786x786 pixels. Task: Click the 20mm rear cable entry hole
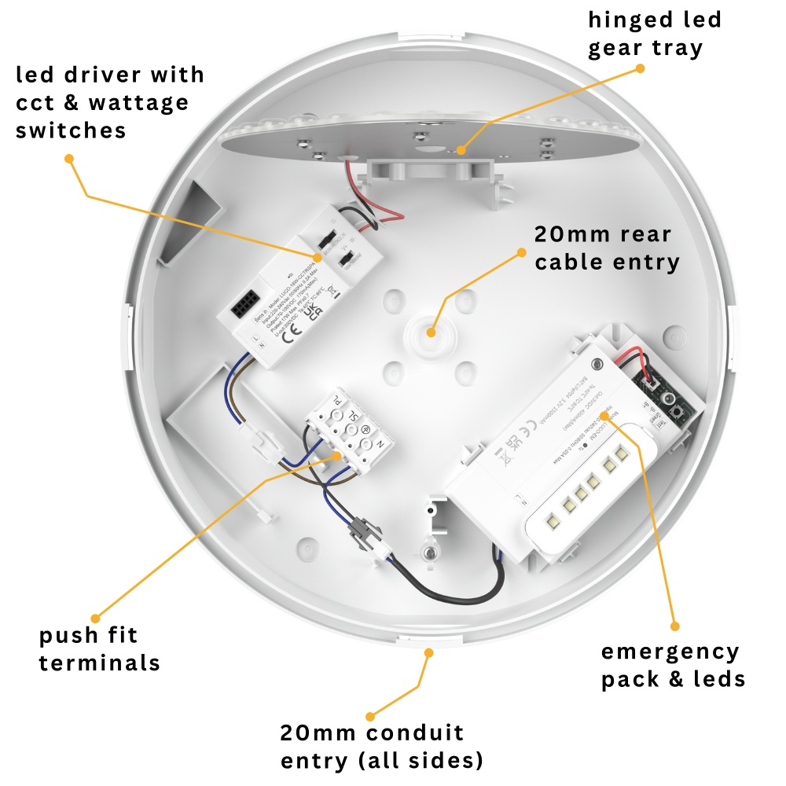coord(430,332)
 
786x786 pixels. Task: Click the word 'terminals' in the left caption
coord(99,663)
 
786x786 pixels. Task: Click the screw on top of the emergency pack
coord(596,362)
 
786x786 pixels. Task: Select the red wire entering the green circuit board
coord(645,364)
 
